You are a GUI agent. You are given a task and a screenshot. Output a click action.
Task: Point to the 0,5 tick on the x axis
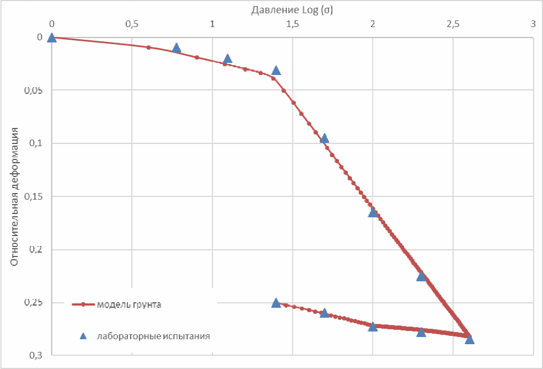[x=131, y=24]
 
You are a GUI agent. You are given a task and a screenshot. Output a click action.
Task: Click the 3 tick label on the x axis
[x=533, y=24]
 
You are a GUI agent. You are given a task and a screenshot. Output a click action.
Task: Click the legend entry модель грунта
[x=129, y=304]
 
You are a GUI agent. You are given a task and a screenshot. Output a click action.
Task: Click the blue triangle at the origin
[x=52, y=38]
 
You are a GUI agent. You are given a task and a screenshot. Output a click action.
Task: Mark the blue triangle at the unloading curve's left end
[x=276, y=303]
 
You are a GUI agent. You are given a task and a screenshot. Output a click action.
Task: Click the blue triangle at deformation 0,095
[x=324, y=138]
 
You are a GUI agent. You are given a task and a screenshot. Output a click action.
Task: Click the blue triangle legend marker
[x=83, y=335]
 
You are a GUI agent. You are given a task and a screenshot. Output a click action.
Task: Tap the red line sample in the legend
[x=83, y=304]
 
